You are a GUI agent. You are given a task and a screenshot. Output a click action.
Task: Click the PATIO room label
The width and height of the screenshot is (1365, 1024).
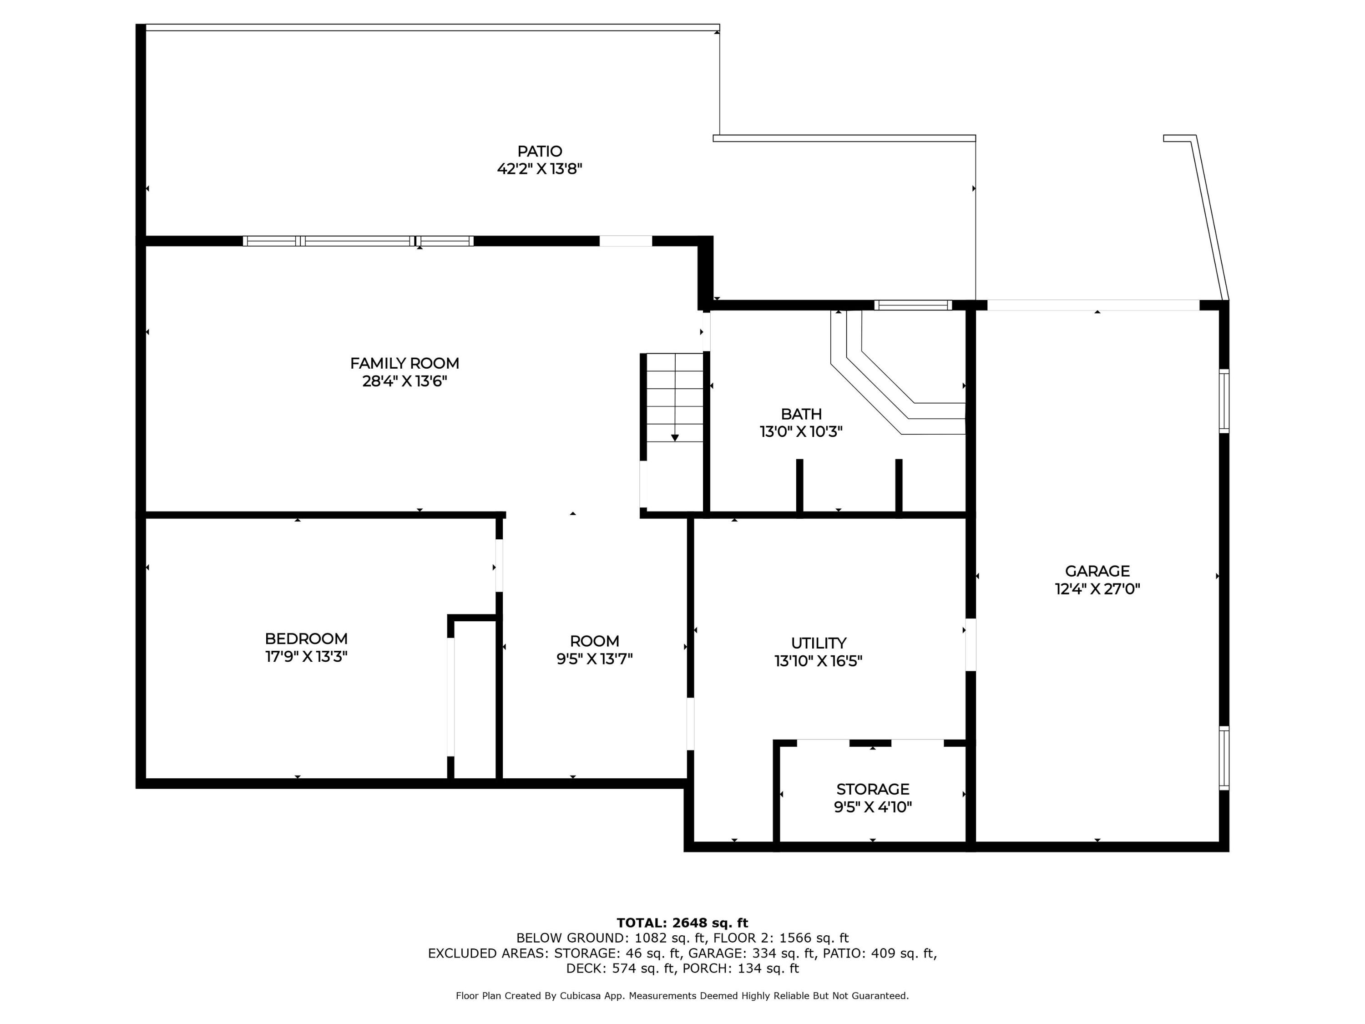click(539, 151)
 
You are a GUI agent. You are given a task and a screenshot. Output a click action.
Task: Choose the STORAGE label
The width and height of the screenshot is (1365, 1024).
click(873, 789)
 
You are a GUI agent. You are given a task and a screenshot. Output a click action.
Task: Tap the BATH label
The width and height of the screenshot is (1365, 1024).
click(801, 414)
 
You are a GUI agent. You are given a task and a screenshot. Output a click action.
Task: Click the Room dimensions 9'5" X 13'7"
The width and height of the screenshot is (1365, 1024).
click(594, 659)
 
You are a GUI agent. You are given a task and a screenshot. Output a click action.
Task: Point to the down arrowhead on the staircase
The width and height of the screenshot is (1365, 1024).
click(675, 438)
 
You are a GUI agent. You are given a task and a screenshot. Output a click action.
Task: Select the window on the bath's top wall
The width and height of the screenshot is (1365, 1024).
click(913, 305)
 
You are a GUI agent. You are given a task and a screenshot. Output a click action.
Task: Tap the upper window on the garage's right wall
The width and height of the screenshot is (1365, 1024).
click(1224, 401)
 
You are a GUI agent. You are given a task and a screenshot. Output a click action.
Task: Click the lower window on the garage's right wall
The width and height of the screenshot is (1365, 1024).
click(1224, 758)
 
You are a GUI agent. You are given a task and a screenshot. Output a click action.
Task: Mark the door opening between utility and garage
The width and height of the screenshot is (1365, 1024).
click(971, 644)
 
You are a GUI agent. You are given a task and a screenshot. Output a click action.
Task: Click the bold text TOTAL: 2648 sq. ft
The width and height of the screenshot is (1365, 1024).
click(682, 923)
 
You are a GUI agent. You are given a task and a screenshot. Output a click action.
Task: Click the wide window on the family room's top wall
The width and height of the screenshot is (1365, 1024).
click(358, 241)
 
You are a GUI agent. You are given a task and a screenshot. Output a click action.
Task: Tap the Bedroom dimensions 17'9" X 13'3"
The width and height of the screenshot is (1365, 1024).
click(306, 657)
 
